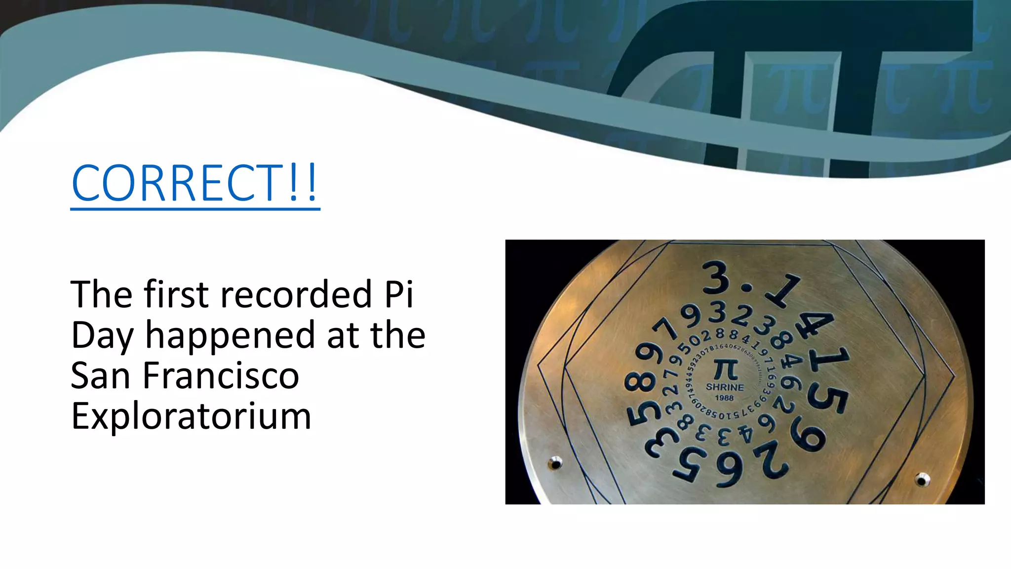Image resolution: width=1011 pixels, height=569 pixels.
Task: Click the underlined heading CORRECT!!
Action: pyautogui.click(x=195, y=183)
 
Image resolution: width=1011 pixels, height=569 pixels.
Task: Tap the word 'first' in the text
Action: pyautogui.click(x=176, y=295)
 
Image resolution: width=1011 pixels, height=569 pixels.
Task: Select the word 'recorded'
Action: pyautogui.click(x=296, y=295)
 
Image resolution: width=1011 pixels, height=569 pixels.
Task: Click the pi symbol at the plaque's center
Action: pyautogui.click(x=725, y=369)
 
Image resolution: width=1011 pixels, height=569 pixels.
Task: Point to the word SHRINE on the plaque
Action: pyautogui.click(x=725, y=387)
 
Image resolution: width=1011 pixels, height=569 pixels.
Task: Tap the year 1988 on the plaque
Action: pyautogui.click(x=724, y=398)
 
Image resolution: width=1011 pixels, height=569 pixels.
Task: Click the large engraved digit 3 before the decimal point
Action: pyautogui.click(x=717, y=278)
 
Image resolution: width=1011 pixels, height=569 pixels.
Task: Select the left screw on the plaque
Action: pyautogui.click(x=555, y=464)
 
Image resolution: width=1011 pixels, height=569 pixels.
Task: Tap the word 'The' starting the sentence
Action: pyautogui.click(x=101, y=295)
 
